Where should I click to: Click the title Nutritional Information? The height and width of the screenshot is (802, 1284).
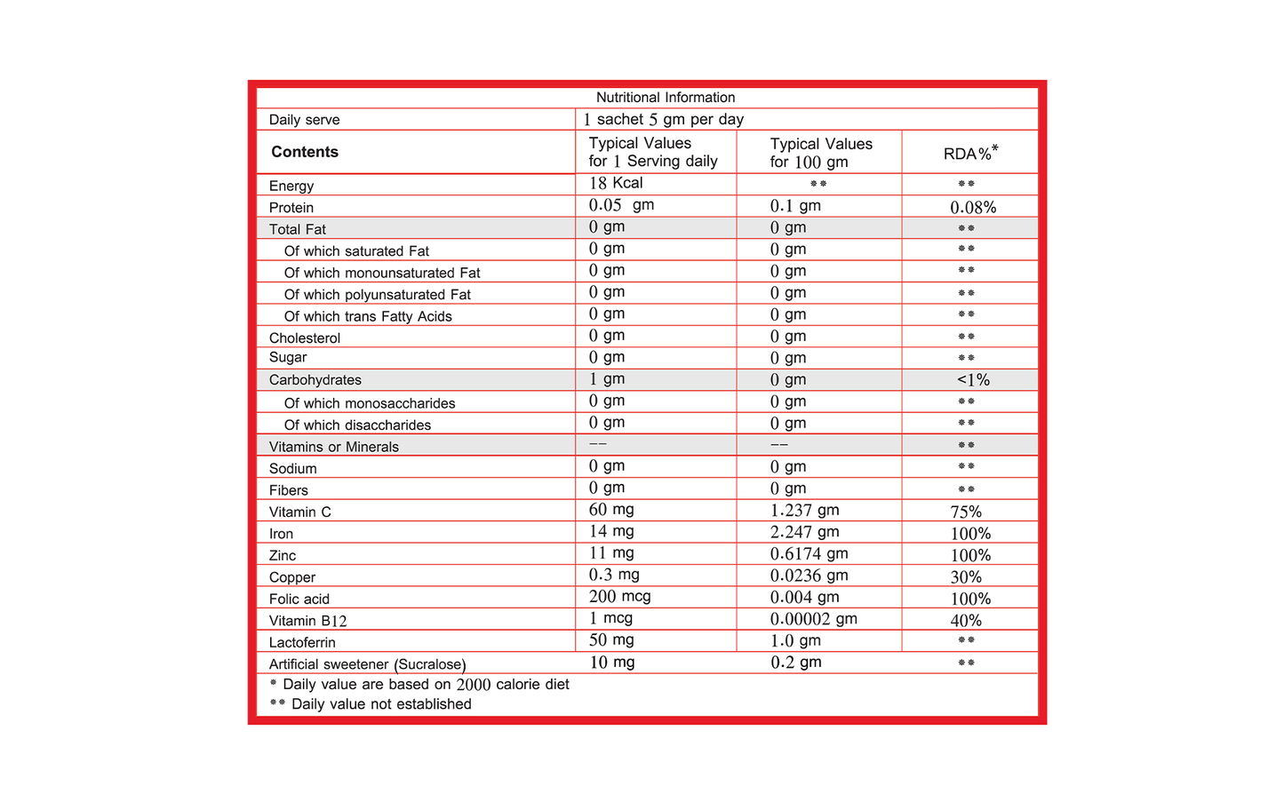coord(666,98)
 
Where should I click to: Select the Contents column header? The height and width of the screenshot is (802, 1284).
coord(305,152)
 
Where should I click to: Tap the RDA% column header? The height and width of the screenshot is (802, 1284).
coord(970,153)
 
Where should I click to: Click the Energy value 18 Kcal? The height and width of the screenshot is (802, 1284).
coord(616,183)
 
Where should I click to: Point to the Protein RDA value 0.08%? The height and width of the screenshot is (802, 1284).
coord(973,208)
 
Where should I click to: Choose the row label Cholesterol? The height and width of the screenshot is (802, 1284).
coord(305,338)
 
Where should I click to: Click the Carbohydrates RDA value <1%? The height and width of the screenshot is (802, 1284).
coord(973,380)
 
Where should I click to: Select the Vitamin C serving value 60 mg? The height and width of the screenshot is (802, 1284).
coord(611,510)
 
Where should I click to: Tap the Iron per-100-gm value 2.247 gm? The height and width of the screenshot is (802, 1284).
coord(804,532)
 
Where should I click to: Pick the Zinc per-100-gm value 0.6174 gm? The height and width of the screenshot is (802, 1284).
coord(809,553)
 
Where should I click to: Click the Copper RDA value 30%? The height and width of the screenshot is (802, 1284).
coord(966,577)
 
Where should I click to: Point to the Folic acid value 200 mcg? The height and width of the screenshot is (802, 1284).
coord(619,597)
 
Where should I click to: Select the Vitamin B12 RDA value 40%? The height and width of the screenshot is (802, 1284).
coord(966,621)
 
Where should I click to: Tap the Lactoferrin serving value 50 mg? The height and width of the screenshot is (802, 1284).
coord(611,640)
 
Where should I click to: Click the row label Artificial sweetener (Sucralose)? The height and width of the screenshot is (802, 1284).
coord(367,664)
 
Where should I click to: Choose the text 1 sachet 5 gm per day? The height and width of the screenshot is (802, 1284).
coord(664,120)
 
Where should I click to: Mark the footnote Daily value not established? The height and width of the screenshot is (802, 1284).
coord(381,704)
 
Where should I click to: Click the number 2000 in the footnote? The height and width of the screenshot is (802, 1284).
coord(473,685)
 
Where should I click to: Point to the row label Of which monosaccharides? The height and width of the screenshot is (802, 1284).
coord(370,403)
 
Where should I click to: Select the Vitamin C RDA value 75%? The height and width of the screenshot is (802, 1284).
coord(966,512)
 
